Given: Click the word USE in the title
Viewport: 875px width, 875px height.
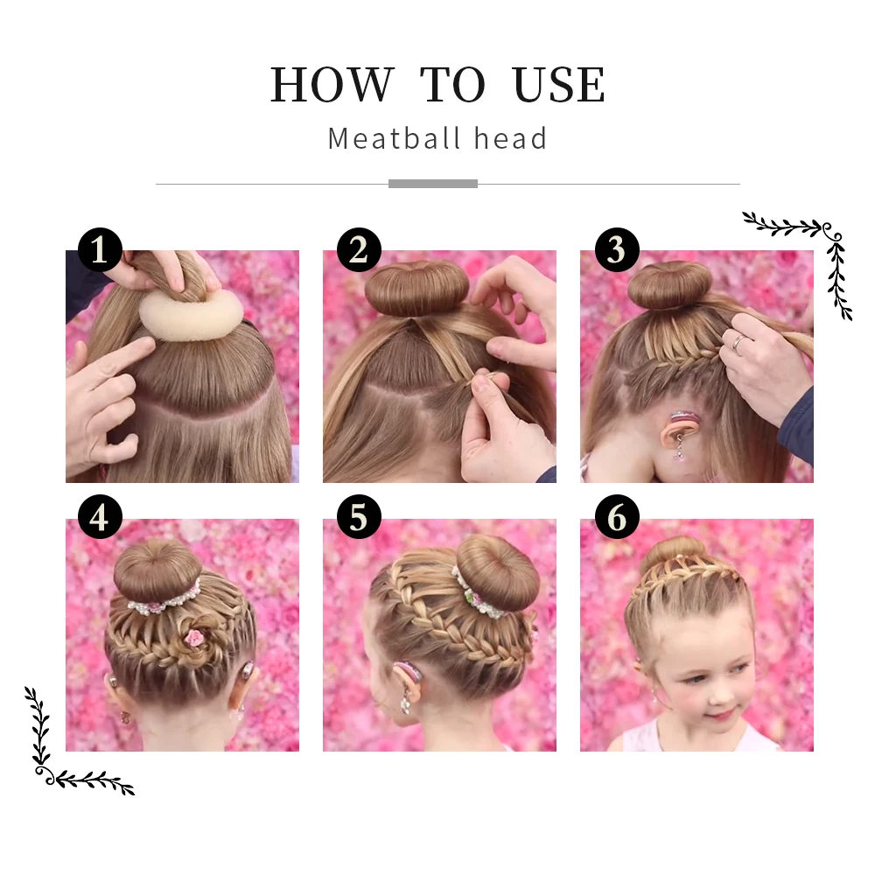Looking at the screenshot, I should pyautogui.click(x=559, y=85).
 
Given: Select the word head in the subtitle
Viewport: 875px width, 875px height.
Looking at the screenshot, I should pyautogui.click(x=510, y=138).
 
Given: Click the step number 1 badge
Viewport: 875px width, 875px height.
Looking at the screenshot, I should pyautogui.click(x=100, y=250).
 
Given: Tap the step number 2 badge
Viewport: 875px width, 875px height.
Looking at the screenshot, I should pyautogui.click(x=358, y=250).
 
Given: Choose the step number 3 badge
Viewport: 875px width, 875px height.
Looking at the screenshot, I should pyautogui.click(x=616, y=250).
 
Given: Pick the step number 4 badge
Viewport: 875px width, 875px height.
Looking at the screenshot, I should pyautogui.click(x=100, y=518).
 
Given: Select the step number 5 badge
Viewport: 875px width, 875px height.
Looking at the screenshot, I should pyautogui.click(x=358, y=518).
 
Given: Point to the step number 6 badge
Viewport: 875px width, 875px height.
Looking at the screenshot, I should pyautogui.click(x=616, y=518).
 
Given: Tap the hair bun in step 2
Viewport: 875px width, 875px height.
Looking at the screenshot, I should pyautogui.click(x=405, y=289).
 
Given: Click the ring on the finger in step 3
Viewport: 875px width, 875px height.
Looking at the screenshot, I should pyautogui.click(x=738, y=342).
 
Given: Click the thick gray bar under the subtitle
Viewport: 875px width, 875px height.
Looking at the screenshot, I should pyautogui.click(x=432, y=184).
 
